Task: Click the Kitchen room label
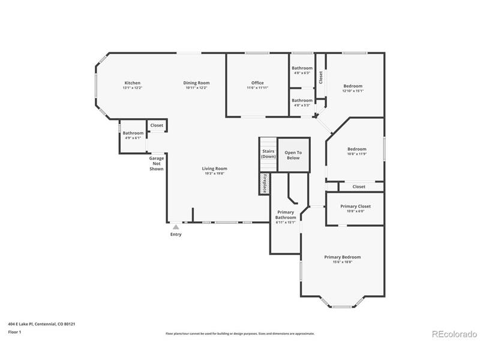pyautogui.click(x=132, y=83)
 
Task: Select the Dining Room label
pyautogui.click(x=196, y=83)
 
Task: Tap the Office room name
pyautogui.click(x=257, y=83)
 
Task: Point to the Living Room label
pyautogui.click(x=214, y=169)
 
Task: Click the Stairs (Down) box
pyautogui.click(x=268, y=154)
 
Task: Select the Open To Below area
pyautogui.click(x=293, y=155)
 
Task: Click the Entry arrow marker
pyautogui.click(x=175, y=227)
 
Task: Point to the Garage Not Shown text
pyautogui.click(x=157, y=164)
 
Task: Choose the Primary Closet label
pyautogui.click(x=355, y=206)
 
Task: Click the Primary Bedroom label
pyautogui.click(x=342, y=257)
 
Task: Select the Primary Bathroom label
pyautogui.click(x=286, y=215)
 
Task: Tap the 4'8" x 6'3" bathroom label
pyautogui.click(x=302, y=68)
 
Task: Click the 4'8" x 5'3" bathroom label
pyautogui.click(x=302, y=101)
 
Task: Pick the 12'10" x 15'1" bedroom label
pyautogui.click(x=352, y=86)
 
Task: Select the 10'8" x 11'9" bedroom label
pyautogui.click(x=356, y=149)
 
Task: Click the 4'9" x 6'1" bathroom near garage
pyautogui.click(x=133, y=133)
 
